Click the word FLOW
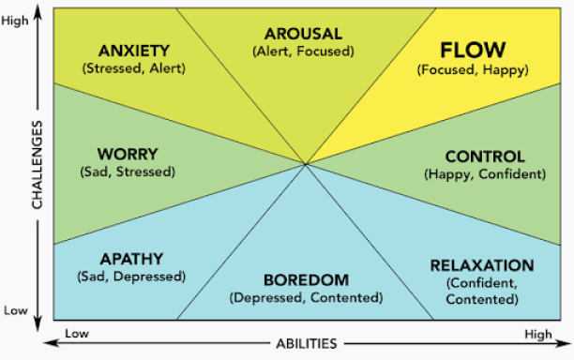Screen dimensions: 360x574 point(473,49)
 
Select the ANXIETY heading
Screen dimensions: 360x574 point(134,51)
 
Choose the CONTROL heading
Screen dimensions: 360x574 point(484,157)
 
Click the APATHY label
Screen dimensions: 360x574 point(130,259)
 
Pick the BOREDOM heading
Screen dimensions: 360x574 point(305,280)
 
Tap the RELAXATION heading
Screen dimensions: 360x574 point(482,265)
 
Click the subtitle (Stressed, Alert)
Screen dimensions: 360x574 point(134,67)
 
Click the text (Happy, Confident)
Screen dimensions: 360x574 point(484,173)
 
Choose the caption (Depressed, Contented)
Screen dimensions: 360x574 point(305,297)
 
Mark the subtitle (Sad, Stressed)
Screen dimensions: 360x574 point(128,172)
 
